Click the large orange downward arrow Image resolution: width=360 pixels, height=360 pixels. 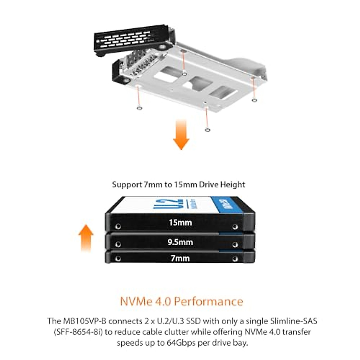181,135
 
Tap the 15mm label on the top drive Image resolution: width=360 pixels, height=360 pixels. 180,223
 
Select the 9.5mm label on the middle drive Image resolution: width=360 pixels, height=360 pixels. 180,242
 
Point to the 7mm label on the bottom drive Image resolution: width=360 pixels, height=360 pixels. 180,258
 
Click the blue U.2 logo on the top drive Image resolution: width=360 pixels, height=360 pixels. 168,205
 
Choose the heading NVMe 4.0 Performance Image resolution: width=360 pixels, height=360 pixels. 181,301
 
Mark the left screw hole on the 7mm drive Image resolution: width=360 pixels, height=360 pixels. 118,258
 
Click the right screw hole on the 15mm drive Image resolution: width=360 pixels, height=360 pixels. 235,227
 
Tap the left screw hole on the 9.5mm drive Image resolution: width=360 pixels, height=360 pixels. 118,244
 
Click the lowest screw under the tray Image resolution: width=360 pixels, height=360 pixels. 207,130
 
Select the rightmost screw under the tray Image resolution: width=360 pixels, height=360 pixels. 254,100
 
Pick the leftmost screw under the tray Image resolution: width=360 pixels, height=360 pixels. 139,108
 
